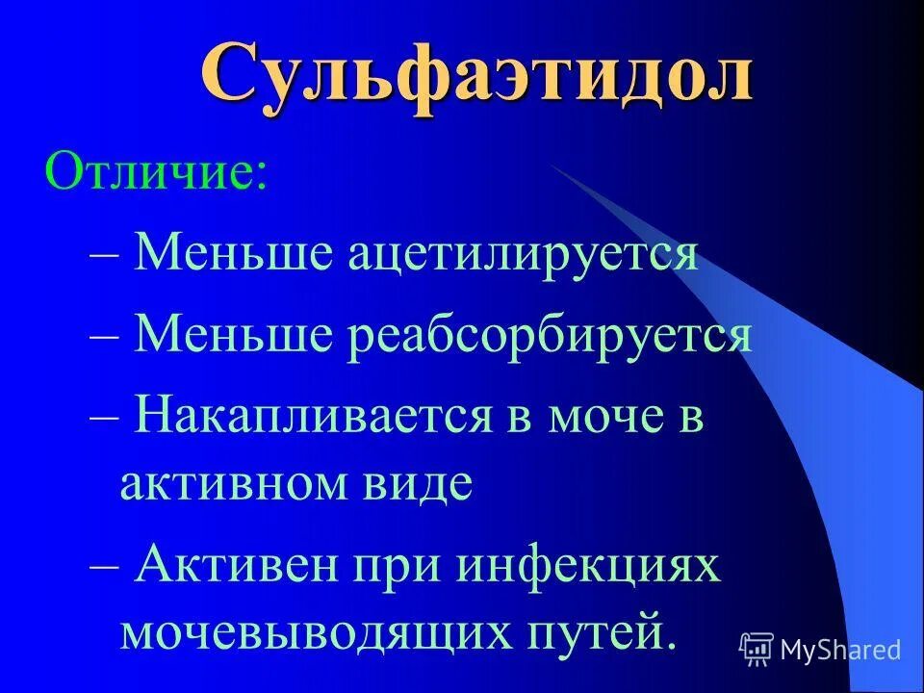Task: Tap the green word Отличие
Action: (x=155, y=173)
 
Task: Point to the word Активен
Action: (x=240, y=564)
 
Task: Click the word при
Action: (x=398, y=564)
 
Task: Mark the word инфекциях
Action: (x=588, y=564)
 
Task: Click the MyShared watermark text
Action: (x=840, y=650)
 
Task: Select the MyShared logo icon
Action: (x=757, y=650)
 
